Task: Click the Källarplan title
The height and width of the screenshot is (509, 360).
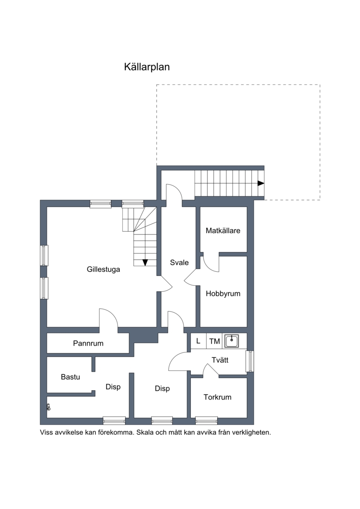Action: (x=147, y=67)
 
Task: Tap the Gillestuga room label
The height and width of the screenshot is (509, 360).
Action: (x=103, y=270)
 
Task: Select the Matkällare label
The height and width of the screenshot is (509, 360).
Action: (x=223, y=231)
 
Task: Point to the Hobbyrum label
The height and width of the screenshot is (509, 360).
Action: (x=223, y=294)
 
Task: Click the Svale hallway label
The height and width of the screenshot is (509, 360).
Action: (x=179, y=263)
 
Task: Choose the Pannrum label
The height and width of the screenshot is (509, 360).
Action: (x=88, y=343)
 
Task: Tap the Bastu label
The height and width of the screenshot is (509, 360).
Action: (x=71, y=377)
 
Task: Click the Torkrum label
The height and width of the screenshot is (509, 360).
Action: (x=217, y=397)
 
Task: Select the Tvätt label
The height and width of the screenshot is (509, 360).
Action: (x=220, y=360)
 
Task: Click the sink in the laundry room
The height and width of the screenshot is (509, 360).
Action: (x=232, y=341)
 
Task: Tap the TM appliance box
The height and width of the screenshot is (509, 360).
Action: (x=215, y=341)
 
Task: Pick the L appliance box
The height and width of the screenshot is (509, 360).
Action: (x=198, y=341)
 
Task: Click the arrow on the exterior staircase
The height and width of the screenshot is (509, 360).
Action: (x=261, y=183)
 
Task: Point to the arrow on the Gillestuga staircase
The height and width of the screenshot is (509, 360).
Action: (x=145, y=262)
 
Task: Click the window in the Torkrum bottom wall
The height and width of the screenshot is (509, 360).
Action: (x=207, y=421)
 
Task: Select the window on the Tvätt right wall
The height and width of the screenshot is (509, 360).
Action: (x=250, y=361)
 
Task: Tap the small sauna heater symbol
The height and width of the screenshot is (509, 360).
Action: (x=49, y=407)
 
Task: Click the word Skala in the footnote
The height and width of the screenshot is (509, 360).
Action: (x=144, y=432)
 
